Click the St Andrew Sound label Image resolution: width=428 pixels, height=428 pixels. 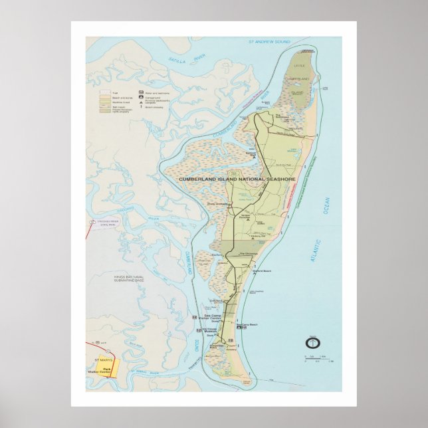(269, 41)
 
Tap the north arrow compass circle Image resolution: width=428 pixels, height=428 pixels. (312, 344)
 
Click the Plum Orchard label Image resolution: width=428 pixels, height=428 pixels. (217, 203)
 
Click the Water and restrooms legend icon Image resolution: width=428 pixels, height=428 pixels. (141, 92)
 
